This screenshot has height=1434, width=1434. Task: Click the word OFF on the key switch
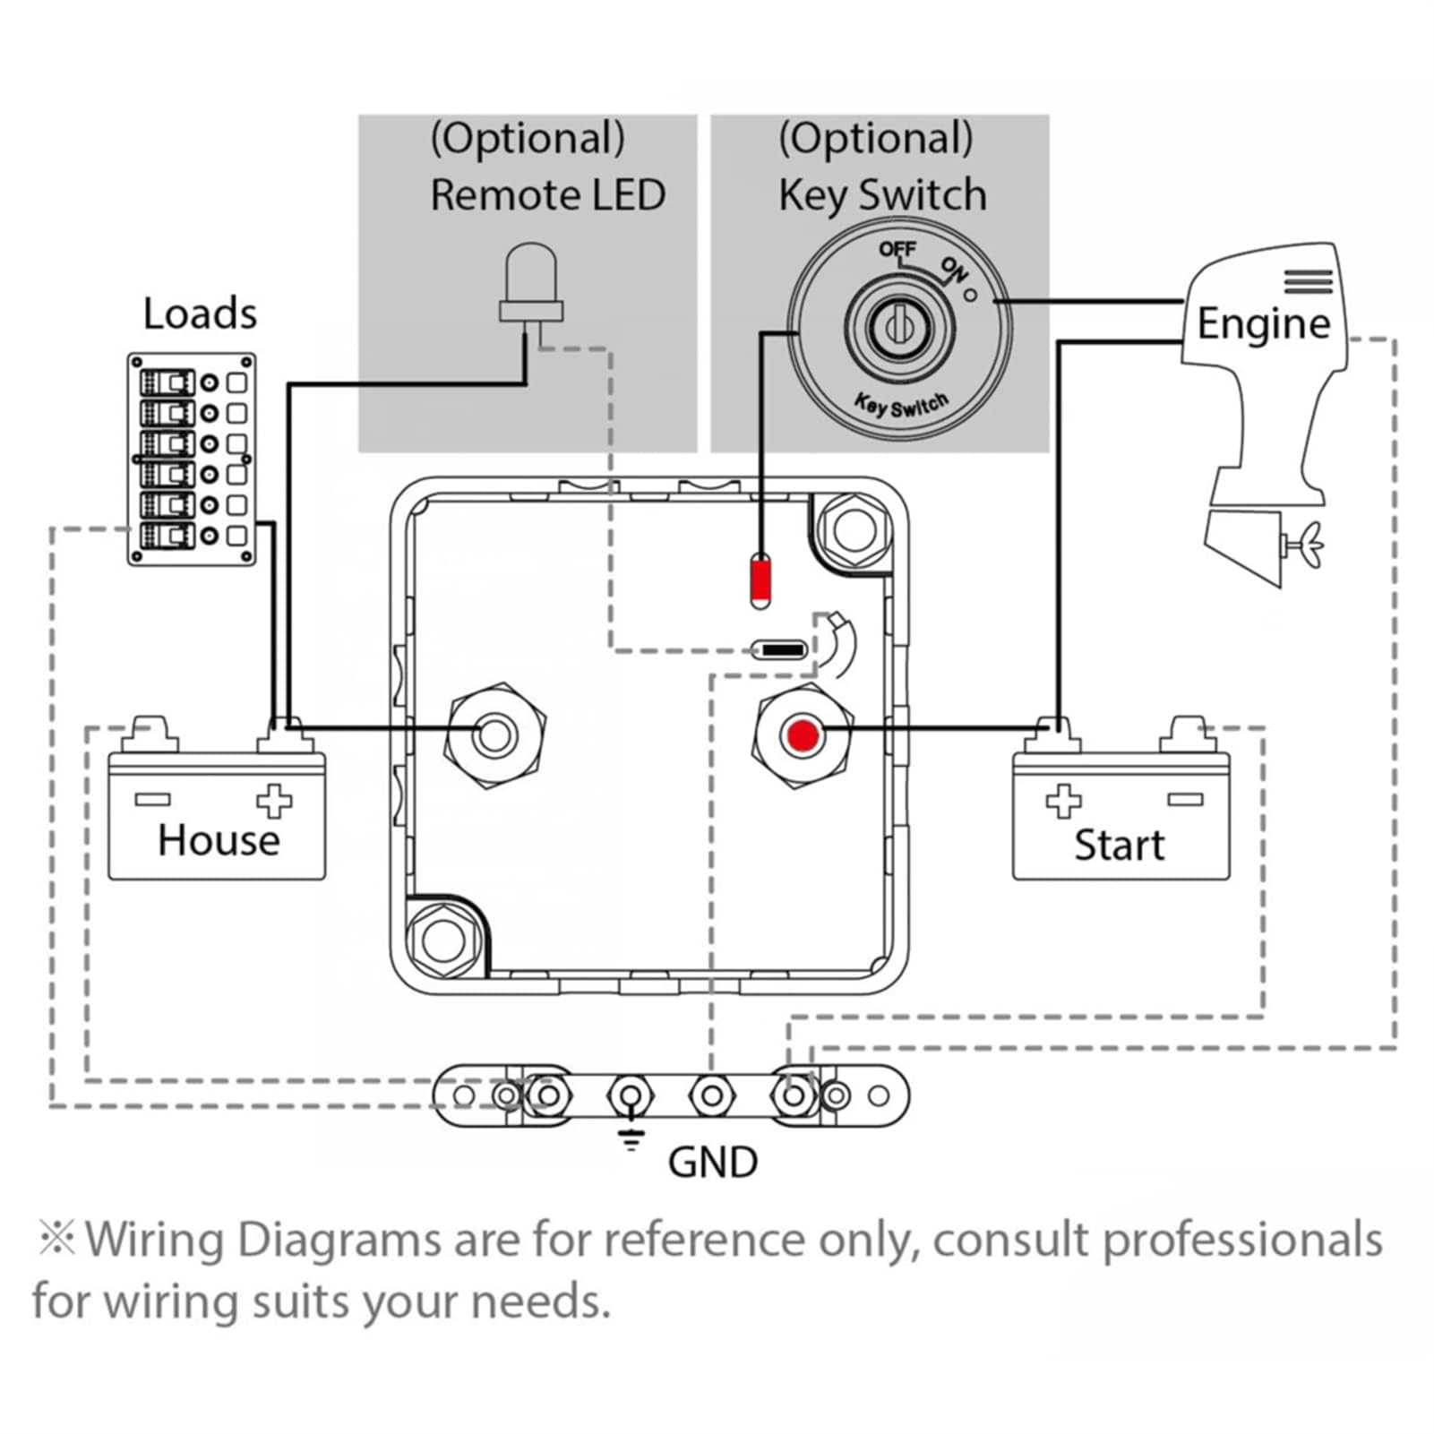click(x=897, y=249)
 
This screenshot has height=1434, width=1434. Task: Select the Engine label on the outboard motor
click(x=1263, y=323)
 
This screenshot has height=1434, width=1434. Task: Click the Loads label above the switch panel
click(x=200, y=313)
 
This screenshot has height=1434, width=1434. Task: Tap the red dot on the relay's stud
click(x=803, y=736)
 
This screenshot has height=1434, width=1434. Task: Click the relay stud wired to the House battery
click(x=494, y=735)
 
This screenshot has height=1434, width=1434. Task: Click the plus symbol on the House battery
click(x=274, y=801)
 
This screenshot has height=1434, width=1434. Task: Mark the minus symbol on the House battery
click(x=152, y=799)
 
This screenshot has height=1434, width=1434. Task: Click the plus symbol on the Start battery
click(x=1063, y=801)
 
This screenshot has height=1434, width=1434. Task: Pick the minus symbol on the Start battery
click(x=1185, y=799)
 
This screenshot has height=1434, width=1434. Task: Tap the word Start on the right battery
click(x=1119, y=845)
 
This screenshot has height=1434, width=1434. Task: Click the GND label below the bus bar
click(x=713, y=1162)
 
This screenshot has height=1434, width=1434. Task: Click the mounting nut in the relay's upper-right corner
click(x=853, y=528)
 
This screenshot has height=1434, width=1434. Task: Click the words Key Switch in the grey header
click(x=882, y=194)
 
